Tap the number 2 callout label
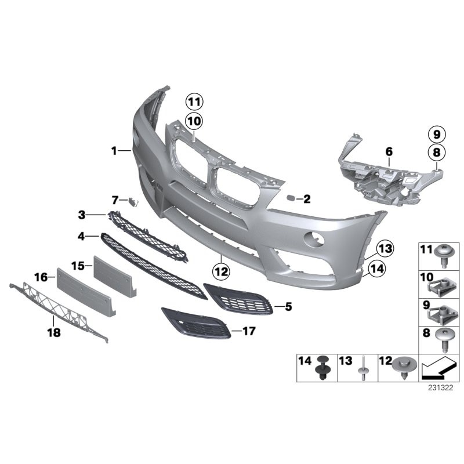pyautogui.click(x=307, y=200)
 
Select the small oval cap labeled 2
pyautogui.click(x=288, y=198)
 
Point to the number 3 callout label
pyautogui.click(x=82, y=215)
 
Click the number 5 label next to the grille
pyautogui.click(x=288, y=306)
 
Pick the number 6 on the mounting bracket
pyautogui.click(x=389, y=152)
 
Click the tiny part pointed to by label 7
pyautogui.click(x=133, y=202)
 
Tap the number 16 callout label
pyautogui.click(x=41, y=278)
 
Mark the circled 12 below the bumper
pyautogui.click(x=221, y=270)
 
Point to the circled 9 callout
pyautogui.click(x=436, y=135)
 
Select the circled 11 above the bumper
pyautogui.click(x=193, y=102)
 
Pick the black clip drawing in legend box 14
pyautogui.click(x=320, y=369)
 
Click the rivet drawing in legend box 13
pyautogui.click(x=361, y=369)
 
